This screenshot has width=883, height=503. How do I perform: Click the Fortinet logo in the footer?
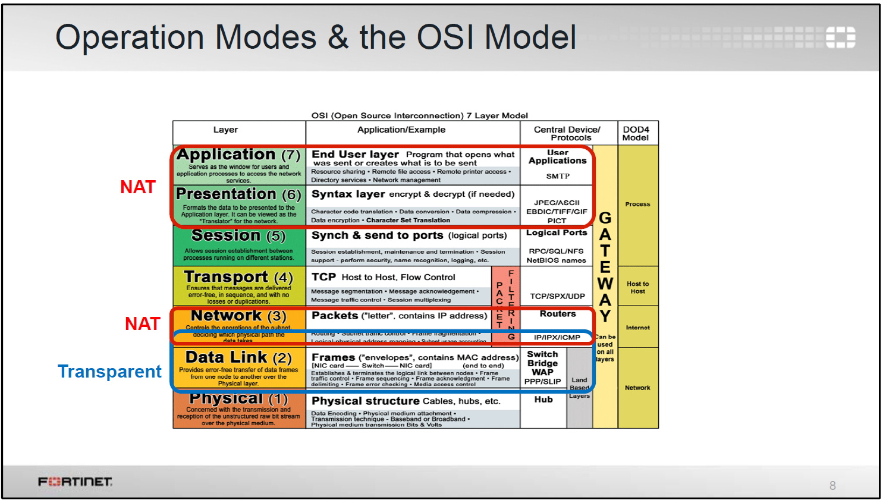tap(75, 482)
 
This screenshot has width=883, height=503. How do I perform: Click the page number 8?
tap(832, 486)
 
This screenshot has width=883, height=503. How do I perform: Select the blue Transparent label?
tap(109, 372)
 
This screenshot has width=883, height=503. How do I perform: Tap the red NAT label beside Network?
tap(143, 323)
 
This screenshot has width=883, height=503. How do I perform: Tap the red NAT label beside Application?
tap(138, 187)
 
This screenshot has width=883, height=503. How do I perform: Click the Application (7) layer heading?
tap(238, 155)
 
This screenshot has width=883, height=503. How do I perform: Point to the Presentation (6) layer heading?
tap(238, 194)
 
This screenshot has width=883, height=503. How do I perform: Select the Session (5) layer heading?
tap(238, 236)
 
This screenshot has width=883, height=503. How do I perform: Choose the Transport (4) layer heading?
tap(238, 277)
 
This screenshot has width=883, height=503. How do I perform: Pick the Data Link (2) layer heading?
tap(238, 357)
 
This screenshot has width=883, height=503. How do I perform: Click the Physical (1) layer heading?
tap(238, 398)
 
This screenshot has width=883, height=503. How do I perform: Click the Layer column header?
tap(225, 130)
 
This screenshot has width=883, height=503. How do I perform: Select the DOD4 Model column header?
tap(636, 133)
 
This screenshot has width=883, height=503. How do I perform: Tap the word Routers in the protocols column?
tap(558, 314)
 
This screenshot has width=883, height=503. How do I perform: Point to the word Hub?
tap(543, 400)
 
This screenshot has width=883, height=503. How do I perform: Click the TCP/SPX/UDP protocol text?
tap(557, 296)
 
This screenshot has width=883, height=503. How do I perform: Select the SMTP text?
tap(558, 176)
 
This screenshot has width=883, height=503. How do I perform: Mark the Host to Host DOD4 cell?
tap(637, 288)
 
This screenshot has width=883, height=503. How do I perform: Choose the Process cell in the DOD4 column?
tap(637, 204)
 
